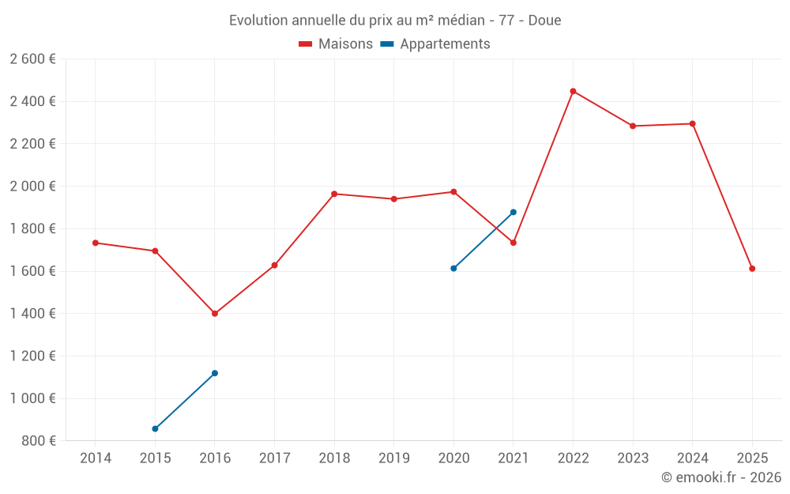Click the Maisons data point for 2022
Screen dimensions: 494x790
click(x=573, y=91)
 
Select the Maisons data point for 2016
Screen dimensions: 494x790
click(x=215, y=314)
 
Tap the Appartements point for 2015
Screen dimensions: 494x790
click(x=155, y=429)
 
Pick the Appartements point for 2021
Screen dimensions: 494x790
click(x=513, y=212)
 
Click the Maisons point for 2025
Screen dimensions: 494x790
click(x=752, y=269)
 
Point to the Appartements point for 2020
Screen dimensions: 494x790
click(x=453, y=268)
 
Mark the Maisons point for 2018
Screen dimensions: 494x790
click(x=334, y=194)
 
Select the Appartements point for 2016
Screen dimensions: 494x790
click(x=215, y=373)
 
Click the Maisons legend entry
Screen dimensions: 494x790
click(x=336, y=44)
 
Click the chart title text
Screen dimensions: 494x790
click(x=395, y=21)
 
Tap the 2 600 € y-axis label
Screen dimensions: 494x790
click(x=32, y=59)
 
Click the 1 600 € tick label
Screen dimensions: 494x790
click(x=32, y=271)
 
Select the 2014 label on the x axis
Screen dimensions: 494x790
click(x=96, y=458)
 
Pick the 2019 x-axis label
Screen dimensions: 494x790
click(x=394, y=458)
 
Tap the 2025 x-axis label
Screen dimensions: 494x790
click(x=752, y=458)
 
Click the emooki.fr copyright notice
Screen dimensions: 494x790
click(x=720, y=477)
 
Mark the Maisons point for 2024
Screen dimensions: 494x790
click(x=692, y=123)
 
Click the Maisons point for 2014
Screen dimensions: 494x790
click(x=96, y=243)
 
